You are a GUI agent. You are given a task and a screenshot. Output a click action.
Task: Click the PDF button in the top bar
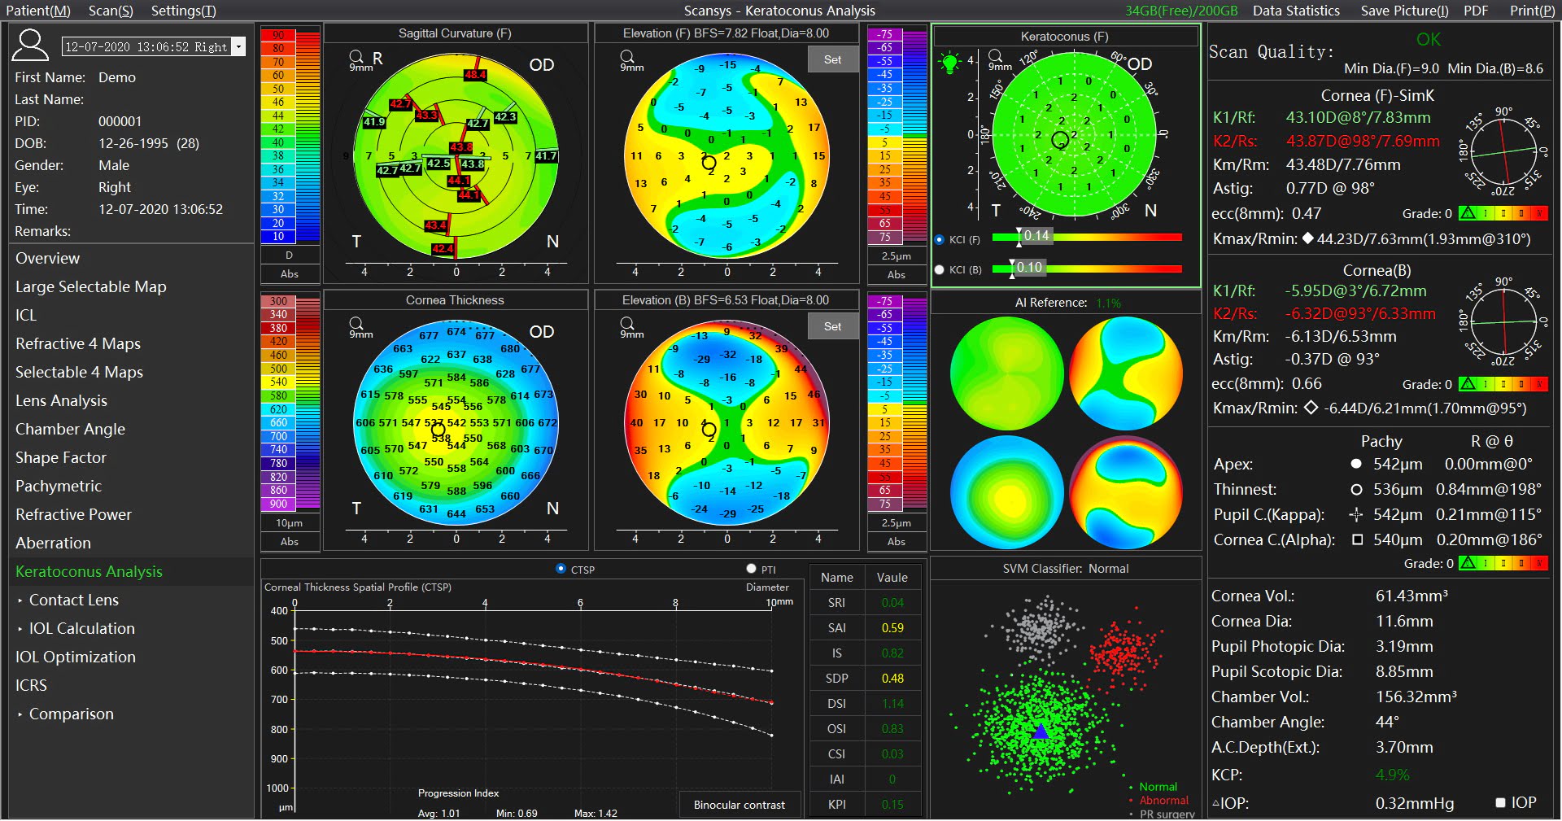(1475, 11)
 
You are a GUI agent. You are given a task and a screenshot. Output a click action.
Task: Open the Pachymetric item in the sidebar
(59, 486)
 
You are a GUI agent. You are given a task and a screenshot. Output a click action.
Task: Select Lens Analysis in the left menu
(61, 400)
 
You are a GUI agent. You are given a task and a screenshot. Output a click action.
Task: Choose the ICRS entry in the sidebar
(31, 685)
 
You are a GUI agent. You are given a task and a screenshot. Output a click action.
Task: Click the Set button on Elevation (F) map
(832, 59)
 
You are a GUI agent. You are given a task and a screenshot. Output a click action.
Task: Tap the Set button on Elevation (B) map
(832, 326)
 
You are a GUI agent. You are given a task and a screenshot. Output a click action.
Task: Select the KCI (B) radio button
(940, 269)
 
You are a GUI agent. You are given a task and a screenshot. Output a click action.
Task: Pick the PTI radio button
(751, 569)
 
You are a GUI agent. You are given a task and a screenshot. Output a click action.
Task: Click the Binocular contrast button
(739, 805)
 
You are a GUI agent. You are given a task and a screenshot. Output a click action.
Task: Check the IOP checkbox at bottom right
(1501, 803)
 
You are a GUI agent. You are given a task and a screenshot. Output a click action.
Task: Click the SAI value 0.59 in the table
(892, 628)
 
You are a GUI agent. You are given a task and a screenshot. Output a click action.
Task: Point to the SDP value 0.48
(892, 679)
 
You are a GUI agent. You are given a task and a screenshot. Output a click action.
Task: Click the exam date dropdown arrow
(239, 46)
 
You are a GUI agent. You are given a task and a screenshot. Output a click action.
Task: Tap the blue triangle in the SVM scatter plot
(1041, 731)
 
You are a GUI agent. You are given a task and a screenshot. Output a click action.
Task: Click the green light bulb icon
(949, 62)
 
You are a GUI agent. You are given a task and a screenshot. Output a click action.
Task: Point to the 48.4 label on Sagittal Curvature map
(475, 75)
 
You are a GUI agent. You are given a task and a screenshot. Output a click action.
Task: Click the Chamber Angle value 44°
(1387, 722)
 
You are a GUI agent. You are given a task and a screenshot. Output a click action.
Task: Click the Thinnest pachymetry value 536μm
(1398, 489)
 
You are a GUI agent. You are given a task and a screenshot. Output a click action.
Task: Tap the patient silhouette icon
(30, 46)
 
